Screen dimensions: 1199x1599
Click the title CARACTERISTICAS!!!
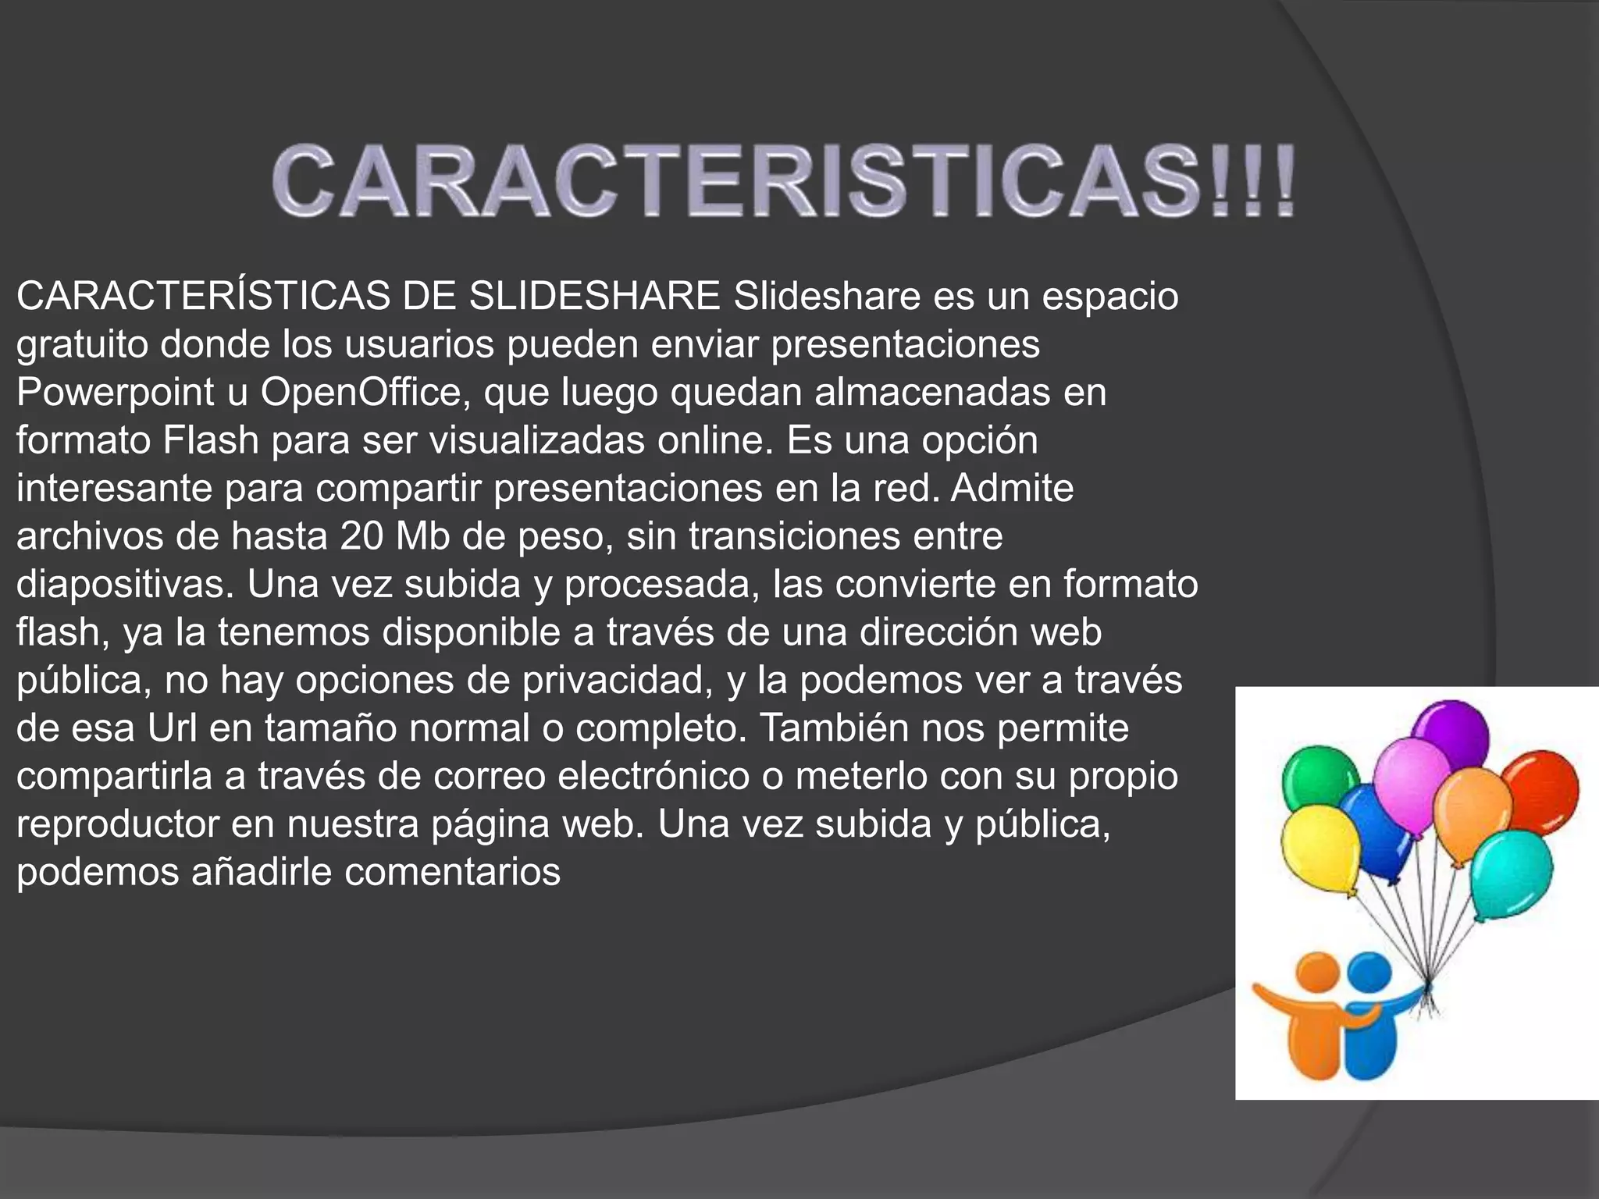click(x=784, y=181)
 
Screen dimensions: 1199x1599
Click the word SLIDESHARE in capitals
click(x=593, y=297)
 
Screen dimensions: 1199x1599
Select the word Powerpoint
click(x=115, y=393)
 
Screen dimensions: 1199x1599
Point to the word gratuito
click(x=82, y=345)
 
